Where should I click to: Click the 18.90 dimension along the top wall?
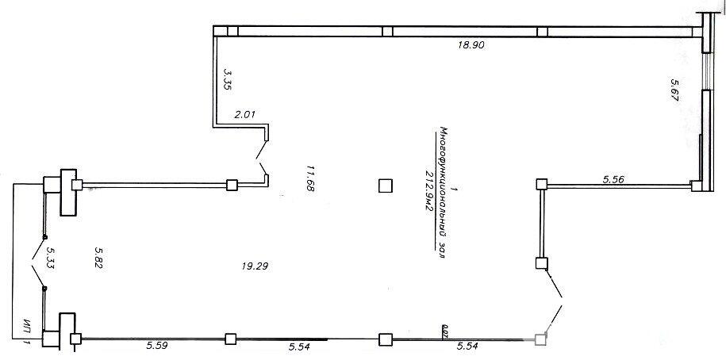coord(471,46)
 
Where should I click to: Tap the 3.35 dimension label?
coord(227,81)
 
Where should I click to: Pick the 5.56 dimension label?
coord(615,180)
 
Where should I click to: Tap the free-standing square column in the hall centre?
coord(385,186)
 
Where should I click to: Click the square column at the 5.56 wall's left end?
coord(541,185)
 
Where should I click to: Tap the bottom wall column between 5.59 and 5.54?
coord(230,339)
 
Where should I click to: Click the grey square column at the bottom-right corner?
coord(541,339)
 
